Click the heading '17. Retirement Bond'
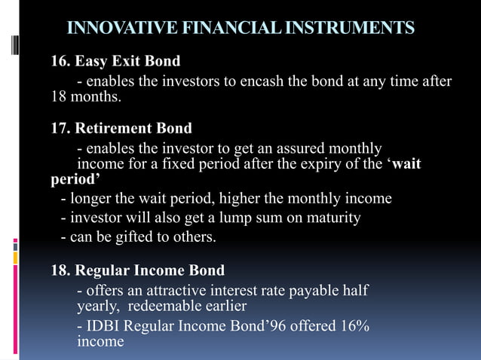[x=121, y=128]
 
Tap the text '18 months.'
[x=84, y=98]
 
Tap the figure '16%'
[x=354, y=326]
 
